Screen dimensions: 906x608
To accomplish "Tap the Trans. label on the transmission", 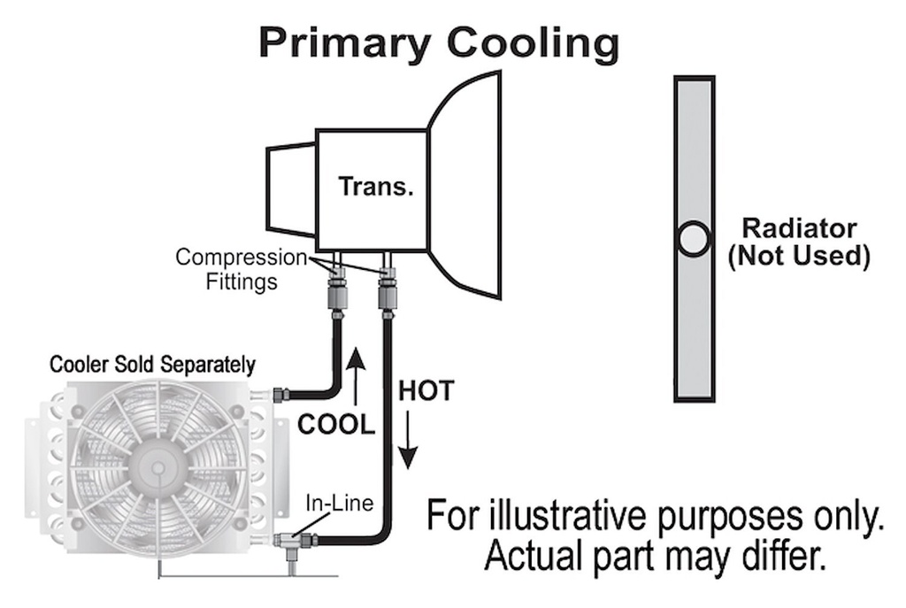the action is point(376,187).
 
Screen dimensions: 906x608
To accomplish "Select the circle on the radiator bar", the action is point(694,239).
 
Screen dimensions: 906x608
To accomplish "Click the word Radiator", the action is point(799,228).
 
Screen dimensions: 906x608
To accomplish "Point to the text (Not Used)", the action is point(799,256).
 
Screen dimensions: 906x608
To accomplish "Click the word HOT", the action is point(426,391).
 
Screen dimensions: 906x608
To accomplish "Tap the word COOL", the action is point(336,425).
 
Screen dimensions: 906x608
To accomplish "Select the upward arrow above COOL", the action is point(356,376).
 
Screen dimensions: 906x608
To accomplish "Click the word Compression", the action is point(242,258).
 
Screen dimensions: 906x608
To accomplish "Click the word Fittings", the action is point(242,282).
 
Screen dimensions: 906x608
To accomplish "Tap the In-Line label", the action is point(339,503).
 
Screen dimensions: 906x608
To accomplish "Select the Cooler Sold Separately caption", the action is point(152,365).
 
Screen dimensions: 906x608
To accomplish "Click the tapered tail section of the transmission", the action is point(290,191).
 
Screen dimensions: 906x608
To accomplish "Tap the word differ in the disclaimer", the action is point(788,556).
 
